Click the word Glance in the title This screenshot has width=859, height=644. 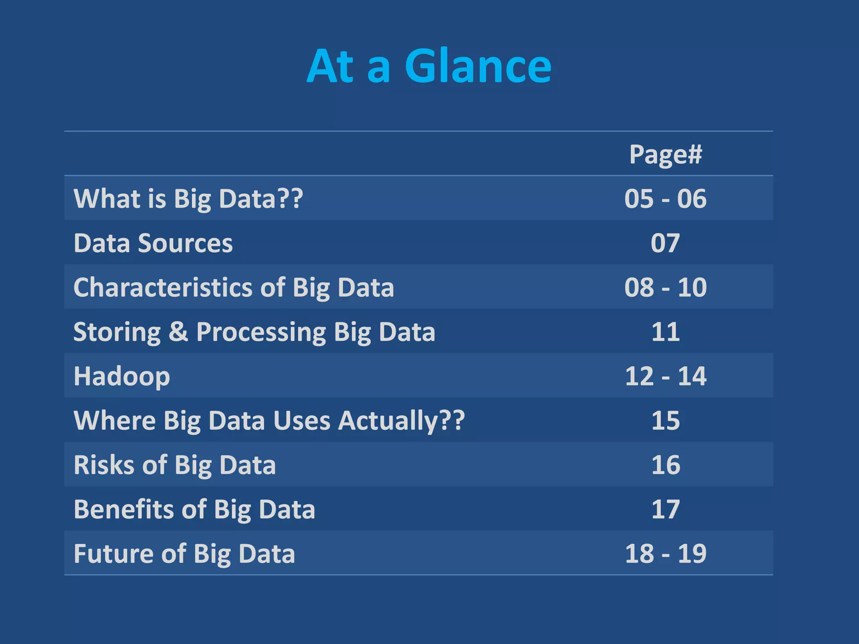[478, 66]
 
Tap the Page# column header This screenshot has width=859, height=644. [665, 154]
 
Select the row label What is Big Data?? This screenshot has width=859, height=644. [188, 198]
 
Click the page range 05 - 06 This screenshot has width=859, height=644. [665, 198]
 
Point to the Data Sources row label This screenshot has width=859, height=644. [153, 243]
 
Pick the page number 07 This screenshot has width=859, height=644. [665, 243]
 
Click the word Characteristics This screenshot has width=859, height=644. [163, 288]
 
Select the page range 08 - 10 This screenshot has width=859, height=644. [665, 288]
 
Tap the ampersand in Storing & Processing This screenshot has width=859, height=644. [178, 332]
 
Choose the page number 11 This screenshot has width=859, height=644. [665, 332]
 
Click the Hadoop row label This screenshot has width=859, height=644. [122, 376]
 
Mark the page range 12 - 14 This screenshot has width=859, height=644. [665, 376]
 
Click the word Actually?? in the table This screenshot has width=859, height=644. [401, 421]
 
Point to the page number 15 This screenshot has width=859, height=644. [665, 421]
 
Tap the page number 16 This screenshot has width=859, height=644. [665, 465]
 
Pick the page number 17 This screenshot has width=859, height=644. [665, 509]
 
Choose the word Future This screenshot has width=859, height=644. [114, 553]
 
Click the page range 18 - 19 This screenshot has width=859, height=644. [665, 553]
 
